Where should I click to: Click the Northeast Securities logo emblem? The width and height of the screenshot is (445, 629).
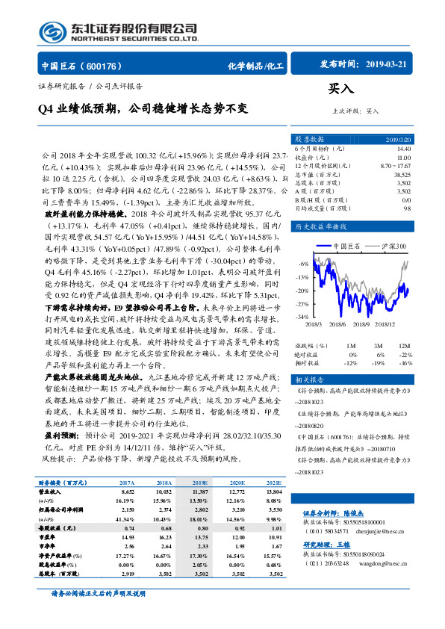[x=51, y=31]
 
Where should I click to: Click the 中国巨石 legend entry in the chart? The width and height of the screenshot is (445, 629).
[x=346, y=246]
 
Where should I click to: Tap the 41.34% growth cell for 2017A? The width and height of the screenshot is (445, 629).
[x=125, y=518]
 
